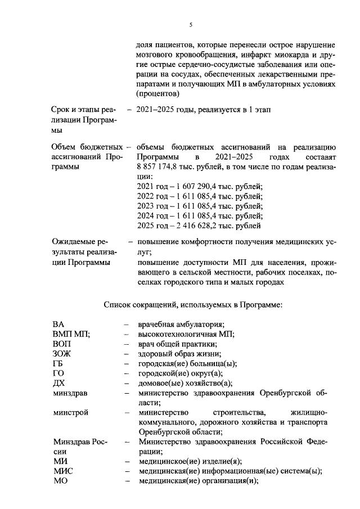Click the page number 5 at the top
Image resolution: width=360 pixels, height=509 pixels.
pyautogui.click(x=191, y=25)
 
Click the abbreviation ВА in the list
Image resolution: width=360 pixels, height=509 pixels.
pyautogui.click(x=58, y=325)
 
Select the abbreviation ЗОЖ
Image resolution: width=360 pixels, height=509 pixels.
pyautogui.click(x=62, y=354)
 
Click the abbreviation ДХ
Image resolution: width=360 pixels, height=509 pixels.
pyautogui.click(x=58, y=383)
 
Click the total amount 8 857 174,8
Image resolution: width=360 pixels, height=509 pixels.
pyautogui.click(x=160, y=167)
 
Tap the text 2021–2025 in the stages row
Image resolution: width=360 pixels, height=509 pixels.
pyautogui.click(x=156, y=110)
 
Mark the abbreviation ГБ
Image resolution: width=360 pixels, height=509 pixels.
pyautogui.click(x=58, y=363)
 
